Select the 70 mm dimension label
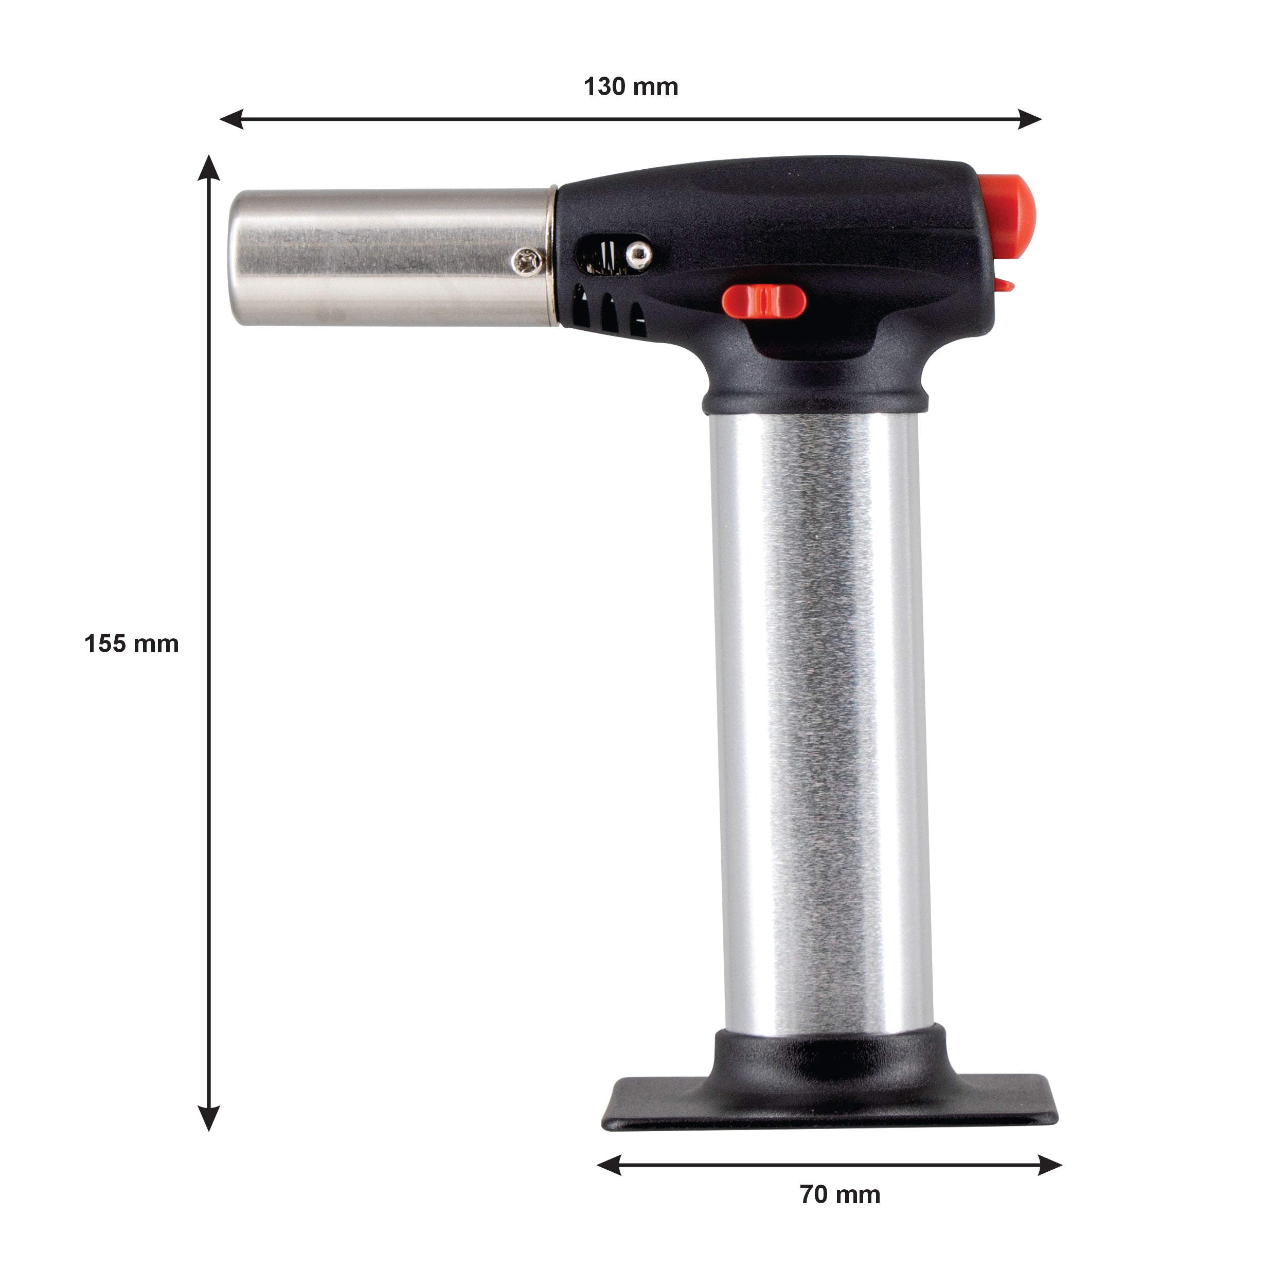tap(840, 1195)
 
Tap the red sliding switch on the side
tap(764, 301)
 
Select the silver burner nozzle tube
tap(392, 258)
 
